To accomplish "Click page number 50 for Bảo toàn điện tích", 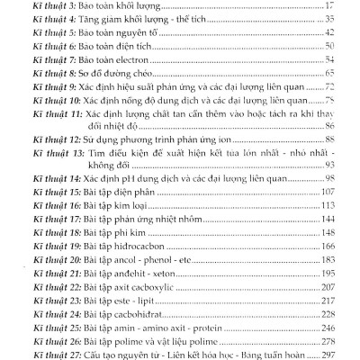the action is click(328, 44).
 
